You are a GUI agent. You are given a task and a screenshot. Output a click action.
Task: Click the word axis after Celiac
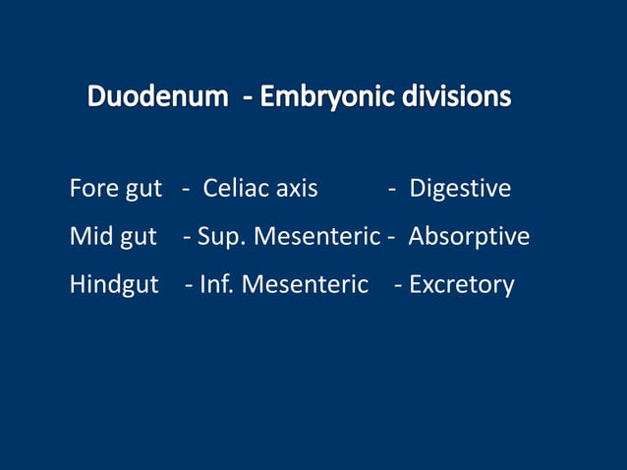pos(296,188)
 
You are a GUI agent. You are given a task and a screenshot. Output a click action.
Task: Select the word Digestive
pos(460,188)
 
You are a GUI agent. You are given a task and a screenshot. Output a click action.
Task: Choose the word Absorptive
pos(469,237)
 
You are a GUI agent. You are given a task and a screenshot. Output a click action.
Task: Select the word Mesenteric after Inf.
pos(305,285)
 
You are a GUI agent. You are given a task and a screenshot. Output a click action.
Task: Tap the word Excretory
pos(461,285)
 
